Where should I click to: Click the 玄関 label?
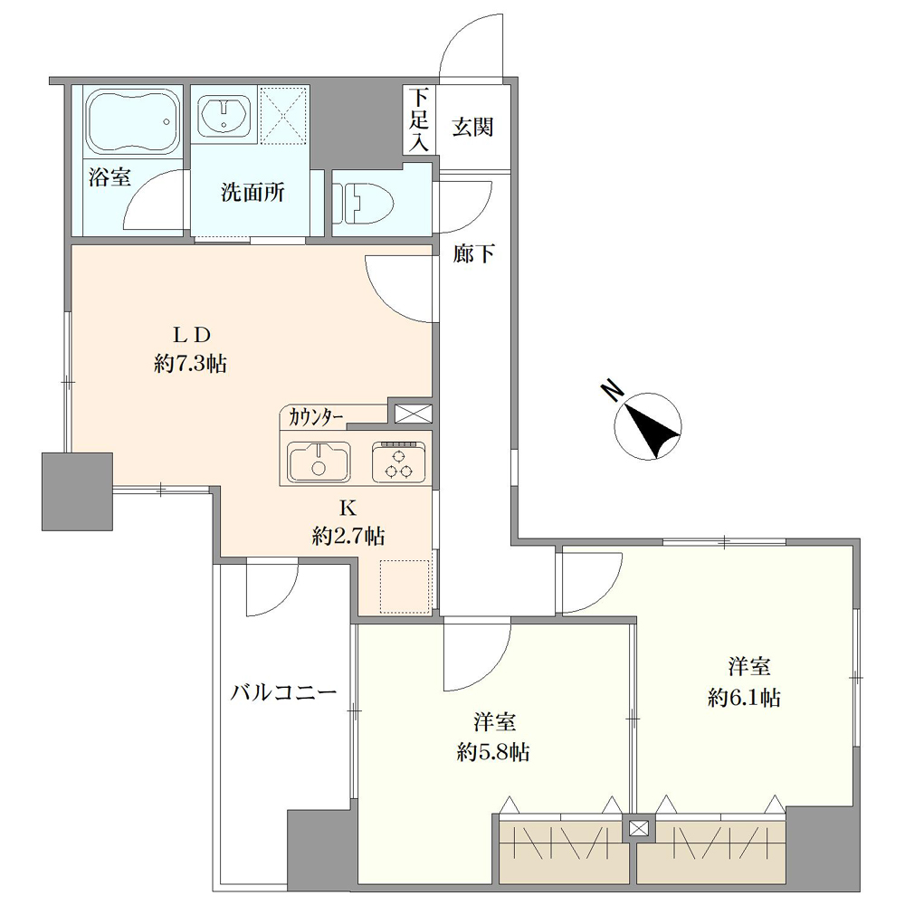[472, 127]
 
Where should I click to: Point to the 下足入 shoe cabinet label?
[419, 120]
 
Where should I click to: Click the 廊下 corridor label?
[473, 253]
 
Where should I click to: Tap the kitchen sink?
[319, 462]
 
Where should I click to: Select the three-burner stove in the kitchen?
[399, 462]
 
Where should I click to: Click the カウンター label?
[316, 416]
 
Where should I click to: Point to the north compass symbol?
[648, 426]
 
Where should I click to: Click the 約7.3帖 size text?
[190, 364]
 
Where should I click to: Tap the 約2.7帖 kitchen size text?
[348, 536]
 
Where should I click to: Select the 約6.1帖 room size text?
[745, 698]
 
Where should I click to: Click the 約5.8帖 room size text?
[493, 752]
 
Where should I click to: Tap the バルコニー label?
[283, 692]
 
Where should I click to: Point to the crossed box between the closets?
[638, 829]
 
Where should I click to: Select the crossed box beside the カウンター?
[414, 414]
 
